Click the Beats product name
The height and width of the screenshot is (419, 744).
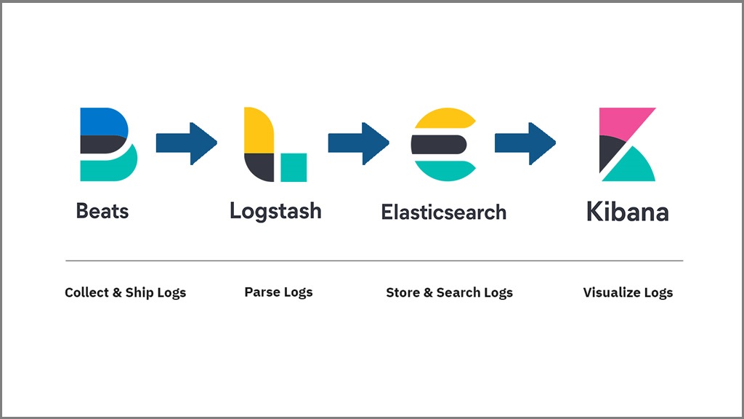pyautogui.click(x=102, y=212)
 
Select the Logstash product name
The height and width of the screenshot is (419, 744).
pyautogui.click(x=275, y=211)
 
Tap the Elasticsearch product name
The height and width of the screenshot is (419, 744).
pyautogui.click(x=443, y=212)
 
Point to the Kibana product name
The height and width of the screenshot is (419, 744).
pyautogui.click(x=627, y=212)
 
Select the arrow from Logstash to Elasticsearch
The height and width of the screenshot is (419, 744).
pyautogui.click(x=358, y=143)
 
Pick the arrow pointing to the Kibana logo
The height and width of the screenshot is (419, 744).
pyautogui.click(x=525, y=143)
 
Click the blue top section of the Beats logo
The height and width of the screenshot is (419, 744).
pyautogui.click(x=102, y=121)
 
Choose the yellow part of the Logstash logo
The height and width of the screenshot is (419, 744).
pyautogui.click(x=258, y=132)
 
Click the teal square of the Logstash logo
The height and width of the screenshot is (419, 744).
pyautogui.click(x=294, y=167)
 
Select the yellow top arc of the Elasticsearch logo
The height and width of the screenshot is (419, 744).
pyautogui.click(x=444, y=119)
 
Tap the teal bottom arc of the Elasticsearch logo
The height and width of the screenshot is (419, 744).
pyautogui.click(x=444, y=169)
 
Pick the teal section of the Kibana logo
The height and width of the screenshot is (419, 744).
pyautogui.click(x=631, y=169)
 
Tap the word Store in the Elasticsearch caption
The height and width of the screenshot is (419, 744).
pyautogui.click(x=403, y=292)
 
